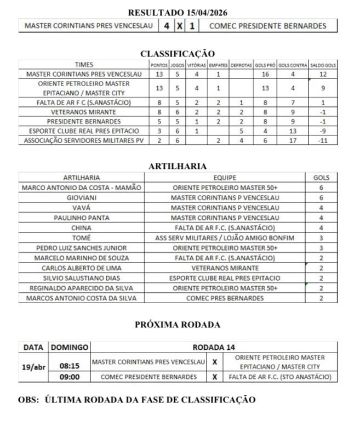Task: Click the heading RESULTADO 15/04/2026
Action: click(x=178, y=12)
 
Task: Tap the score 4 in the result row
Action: click(x=166, y=26)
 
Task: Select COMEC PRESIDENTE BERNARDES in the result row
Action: click(x=267, y=26)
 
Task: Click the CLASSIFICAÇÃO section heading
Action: click(x=178, y=53)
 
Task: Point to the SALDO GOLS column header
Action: click(x=323, y=65)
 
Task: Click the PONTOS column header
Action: click(x=159, y=65)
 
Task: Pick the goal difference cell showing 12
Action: click(x=323, y=74)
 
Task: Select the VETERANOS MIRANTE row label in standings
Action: click(x=84, y=111)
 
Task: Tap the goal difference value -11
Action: click(x=323, y=140)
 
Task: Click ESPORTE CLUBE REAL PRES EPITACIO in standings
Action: click(x=84, y=131)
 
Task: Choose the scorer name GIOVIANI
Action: click(x=81, y=197)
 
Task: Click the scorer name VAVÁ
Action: click(x=81, y=208)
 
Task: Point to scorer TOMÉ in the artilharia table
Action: click(x=81, y=237)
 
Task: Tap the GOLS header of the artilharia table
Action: click(x=321, y=178)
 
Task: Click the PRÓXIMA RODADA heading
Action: click(x=178, y=325)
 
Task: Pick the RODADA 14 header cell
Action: click(x=214, y=347)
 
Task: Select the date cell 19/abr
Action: click(x=34, y=367)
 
